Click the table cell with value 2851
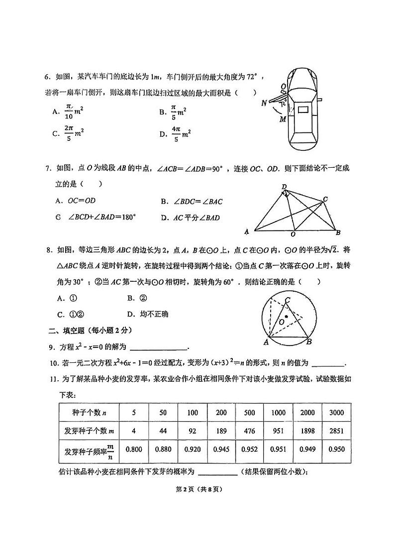click(x=333, y=431)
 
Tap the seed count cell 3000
click(x=333, y=413)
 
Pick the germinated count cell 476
click(x=249, y=431)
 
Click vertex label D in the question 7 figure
click(x=284, y=187)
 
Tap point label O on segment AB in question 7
click(x=293, y=234)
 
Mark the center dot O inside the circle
click(x=286, y=316)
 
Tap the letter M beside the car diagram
click(x=282, y=119)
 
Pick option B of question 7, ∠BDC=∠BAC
click(x=191, y=202)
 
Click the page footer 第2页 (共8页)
click(x=197, y=489)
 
